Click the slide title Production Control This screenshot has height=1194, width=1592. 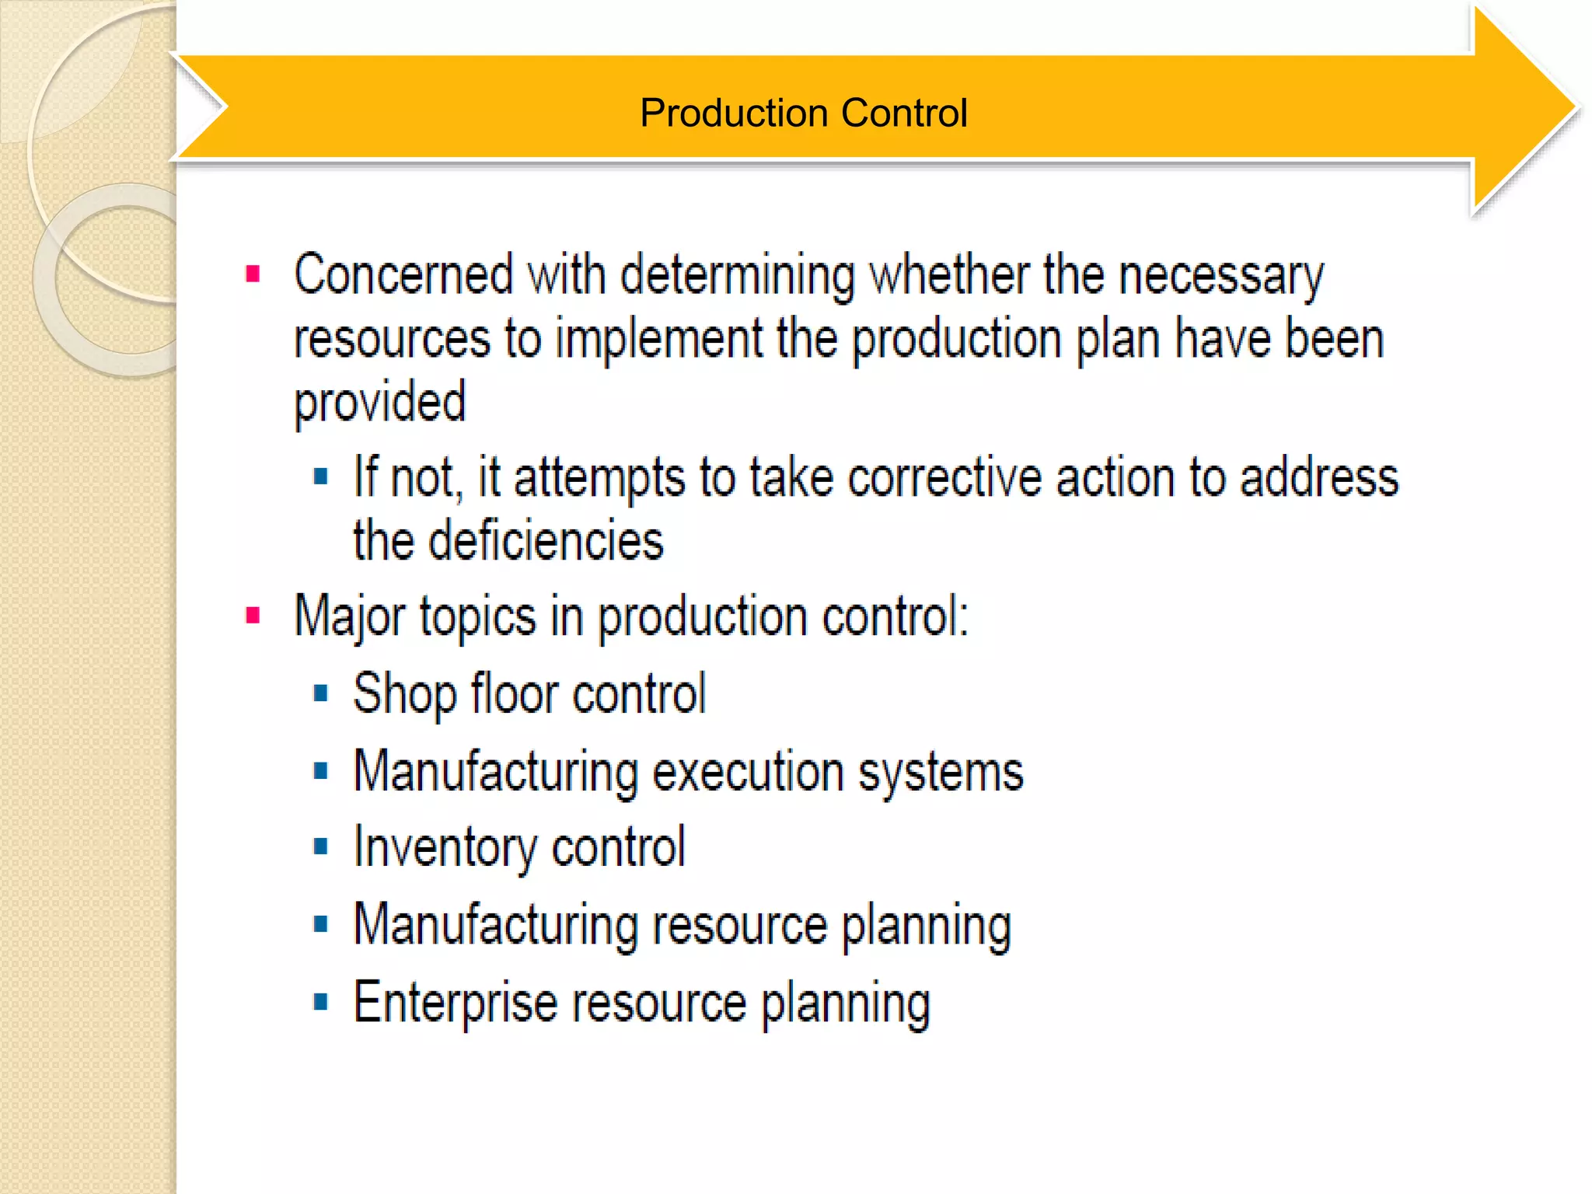(x=803, y=113)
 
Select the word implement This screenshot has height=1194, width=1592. (x=659, y=340)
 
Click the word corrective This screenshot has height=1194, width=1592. (x=944, y=477)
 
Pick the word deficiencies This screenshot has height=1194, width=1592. (x=546, y=541)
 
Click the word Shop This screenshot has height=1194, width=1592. (x=404, y=694)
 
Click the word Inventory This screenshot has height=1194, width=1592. (x=445, y=847)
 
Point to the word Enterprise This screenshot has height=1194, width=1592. (x=456, y=1003)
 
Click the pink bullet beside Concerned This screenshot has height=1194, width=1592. (x=253, y=274)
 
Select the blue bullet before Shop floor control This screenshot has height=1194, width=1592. (x=320, y=693)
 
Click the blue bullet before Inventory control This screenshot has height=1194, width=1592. (x=320, y=847)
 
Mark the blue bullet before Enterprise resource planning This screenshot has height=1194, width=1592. (x=320, y=1001)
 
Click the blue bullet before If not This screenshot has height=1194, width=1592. (x=320, y=476)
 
